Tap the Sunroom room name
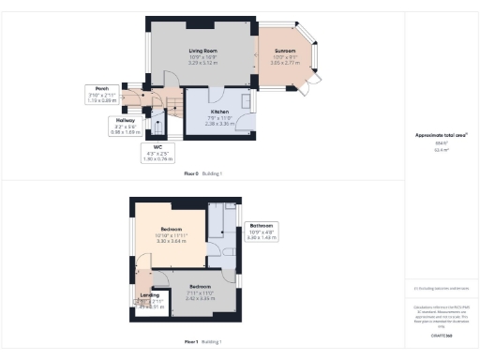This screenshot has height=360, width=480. pyautogui.click(x=286, y=51)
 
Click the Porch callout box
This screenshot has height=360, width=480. pyautogui.click(x=101, y=95)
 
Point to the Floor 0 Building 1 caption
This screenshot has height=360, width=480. pyautogui.click(x=202, y=174)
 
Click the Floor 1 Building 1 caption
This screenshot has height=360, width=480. pyautogui.click(x=202, y=342)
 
